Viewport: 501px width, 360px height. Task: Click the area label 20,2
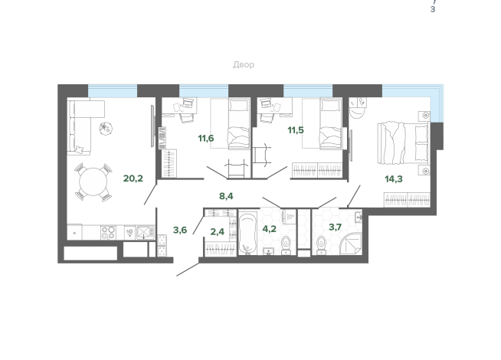[133, 178]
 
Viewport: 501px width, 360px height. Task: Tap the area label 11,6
[206, 139]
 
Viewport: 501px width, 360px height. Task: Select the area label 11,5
[296, 130]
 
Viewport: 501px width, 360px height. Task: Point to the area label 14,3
[394, 179]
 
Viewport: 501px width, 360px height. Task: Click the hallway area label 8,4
[226, 196]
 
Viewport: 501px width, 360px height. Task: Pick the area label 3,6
[180, 230]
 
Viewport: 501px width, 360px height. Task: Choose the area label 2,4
[218, 231]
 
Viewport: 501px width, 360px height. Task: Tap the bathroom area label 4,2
[269, 229]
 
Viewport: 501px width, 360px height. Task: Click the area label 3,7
[336, 227]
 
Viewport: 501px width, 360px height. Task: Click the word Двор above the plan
[244, 64]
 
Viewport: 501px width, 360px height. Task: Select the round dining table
[93, 182]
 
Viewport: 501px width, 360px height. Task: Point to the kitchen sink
[146, 232]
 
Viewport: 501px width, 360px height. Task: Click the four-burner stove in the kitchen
[108, 233]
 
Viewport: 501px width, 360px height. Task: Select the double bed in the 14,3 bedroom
[403, 143]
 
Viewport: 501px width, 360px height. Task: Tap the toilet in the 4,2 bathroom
[286, 244]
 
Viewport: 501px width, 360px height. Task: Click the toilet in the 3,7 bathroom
[321, 245]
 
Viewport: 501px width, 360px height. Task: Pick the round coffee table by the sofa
[106, 129]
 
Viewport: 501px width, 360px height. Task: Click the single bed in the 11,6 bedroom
[239, 124]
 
